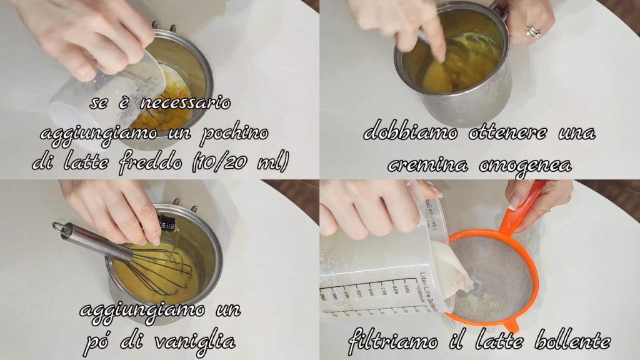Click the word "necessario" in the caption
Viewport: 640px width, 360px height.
point(185,103)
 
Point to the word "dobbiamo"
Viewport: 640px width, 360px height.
point(410,132)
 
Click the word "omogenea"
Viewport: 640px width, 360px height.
point(525,165)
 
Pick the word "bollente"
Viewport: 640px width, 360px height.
point(573,339)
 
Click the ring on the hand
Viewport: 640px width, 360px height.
point(532,31)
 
